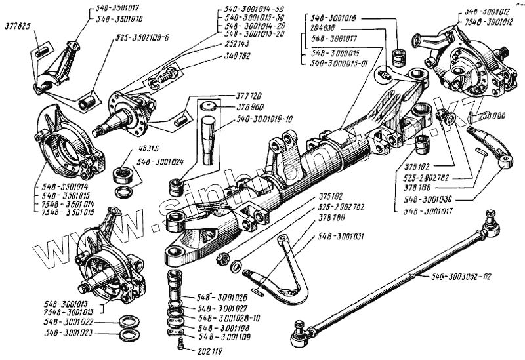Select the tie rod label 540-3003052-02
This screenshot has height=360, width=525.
462,277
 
